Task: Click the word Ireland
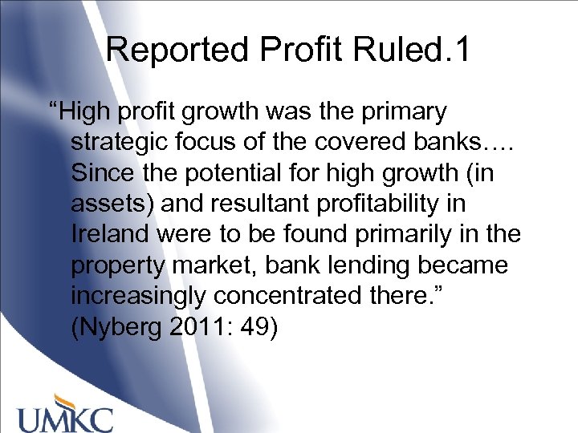[x=108, y=234]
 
